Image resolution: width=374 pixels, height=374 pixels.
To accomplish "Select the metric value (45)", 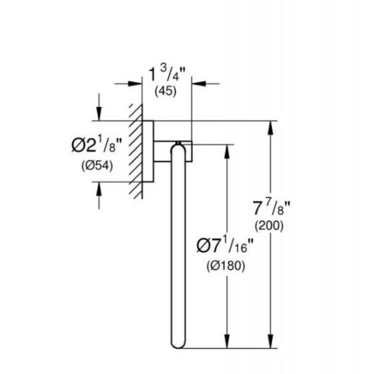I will pyautogui.click(x=166, y=91).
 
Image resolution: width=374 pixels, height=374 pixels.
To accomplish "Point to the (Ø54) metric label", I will pyautogui.click(x=96, y=166).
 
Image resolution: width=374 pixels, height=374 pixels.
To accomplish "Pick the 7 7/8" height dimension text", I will pyautogui.click(x=272, y=206).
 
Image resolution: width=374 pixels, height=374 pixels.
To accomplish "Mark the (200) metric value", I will pyautogui.click(x=271, y=225).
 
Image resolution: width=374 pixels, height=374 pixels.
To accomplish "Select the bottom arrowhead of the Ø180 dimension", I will pyautogui.click(x=229, y=341).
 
